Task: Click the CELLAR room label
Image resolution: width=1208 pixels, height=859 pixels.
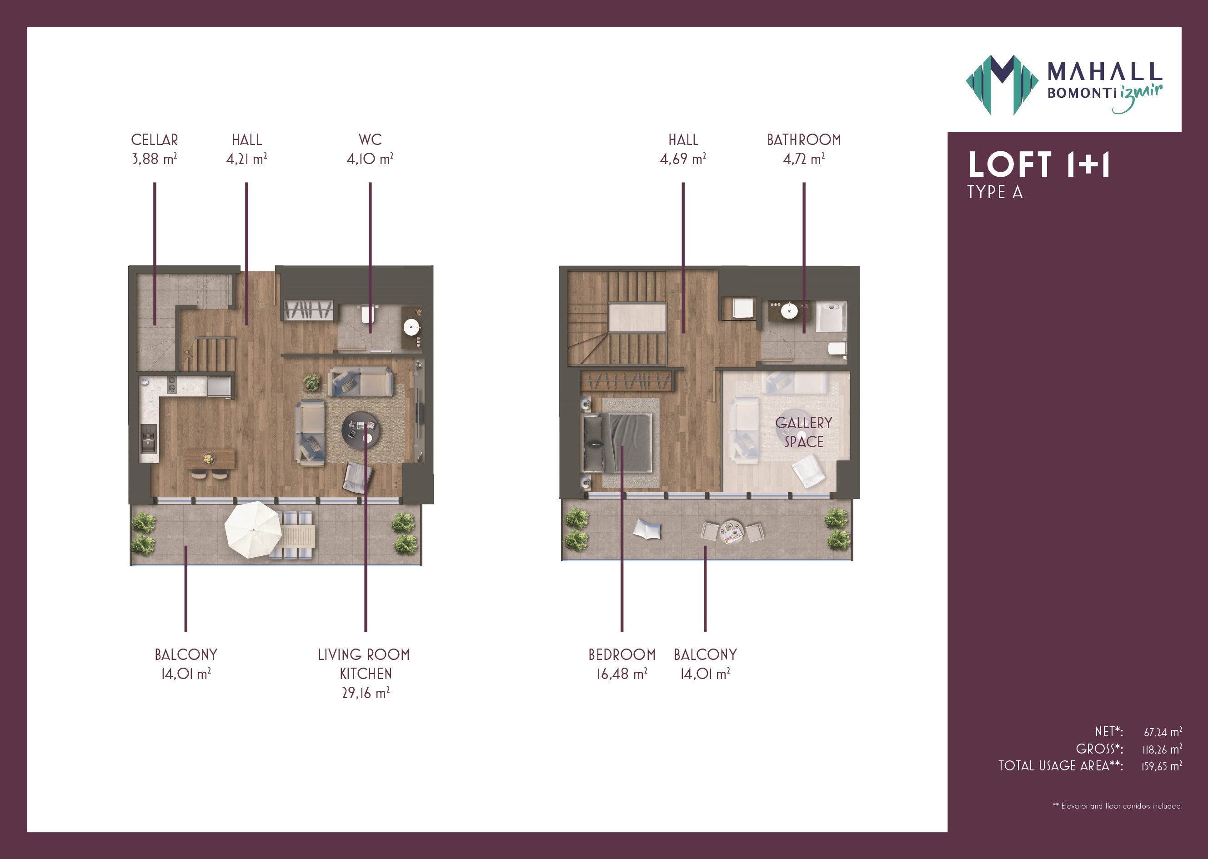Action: click(x=155, y=140)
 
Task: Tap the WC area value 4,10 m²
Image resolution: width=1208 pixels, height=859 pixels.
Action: click(x=370, y=159)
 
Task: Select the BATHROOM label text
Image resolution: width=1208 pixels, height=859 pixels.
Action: click(x=804, y=140)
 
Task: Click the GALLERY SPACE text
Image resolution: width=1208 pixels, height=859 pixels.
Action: click(x=804, y=432)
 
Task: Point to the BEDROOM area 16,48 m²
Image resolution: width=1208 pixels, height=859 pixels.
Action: click(x=622, y=674)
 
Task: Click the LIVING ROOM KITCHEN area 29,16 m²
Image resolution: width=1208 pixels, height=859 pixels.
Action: click(x=366, y=693)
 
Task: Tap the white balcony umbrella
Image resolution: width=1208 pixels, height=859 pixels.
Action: click(x=253, y=529)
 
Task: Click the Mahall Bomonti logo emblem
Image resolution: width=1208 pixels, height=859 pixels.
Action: click(x=1002, y=85)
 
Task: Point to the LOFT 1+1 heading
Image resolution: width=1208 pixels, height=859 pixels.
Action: click(x=1039, y=165)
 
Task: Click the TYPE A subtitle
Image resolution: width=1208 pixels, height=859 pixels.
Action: click(x=995, y=192)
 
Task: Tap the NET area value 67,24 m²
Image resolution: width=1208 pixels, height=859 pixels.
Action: click(x=1163, y=732)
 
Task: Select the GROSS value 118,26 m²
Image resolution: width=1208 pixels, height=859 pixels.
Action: click(x=1162, y=749)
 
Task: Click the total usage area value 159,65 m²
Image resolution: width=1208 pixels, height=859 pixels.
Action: click(x=1162, y=766)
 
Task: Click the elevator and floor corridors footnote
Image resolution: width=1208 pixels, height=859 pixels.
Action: click(x=1118, y=805)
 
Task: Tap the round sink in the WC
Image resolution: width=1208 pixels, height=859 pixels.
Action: click(x=411, y=327)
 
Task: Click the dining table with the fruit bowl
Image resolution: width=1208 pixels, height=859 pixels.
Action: click(x=211, y=459)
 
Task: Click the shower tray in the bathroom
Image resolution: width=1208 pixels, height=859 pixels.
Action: click(x=831, y=316)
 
